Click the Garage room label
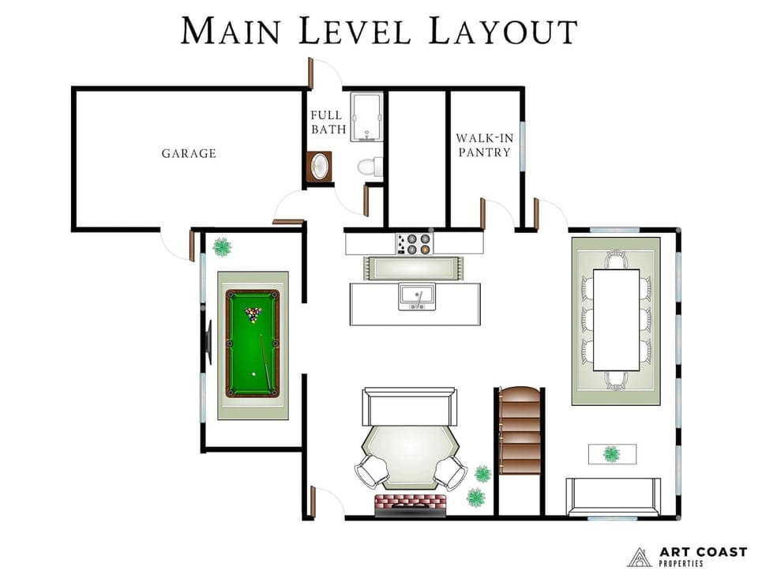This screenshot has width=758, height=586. point(189,153)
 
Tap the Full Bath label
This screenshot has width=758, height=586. point(327,122)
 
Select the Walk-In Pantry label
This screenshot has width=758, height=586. point(484,145)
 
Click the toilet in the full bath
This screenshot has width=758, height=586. point(368,166)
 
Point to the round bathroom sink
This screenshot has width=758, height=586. point(320,167)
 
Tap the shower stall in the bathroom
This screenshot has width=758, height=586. point(366,117)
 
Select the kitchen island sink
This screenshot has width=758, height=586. point(416,297)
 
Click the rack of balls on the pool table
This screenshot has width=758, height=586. point(253,315)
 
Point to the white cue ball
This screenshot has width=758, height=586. point(253,374)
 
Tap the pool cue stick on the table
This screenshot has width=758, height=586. point(268,362)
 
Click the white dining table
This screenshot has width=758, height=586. point(615,319)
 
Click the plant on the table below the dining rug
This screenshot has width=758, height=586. point(611,453)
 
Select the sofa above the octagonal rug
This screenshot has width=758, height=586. point(409,407)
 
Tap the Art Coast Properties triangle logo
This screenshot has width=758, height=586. point(640,557)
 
